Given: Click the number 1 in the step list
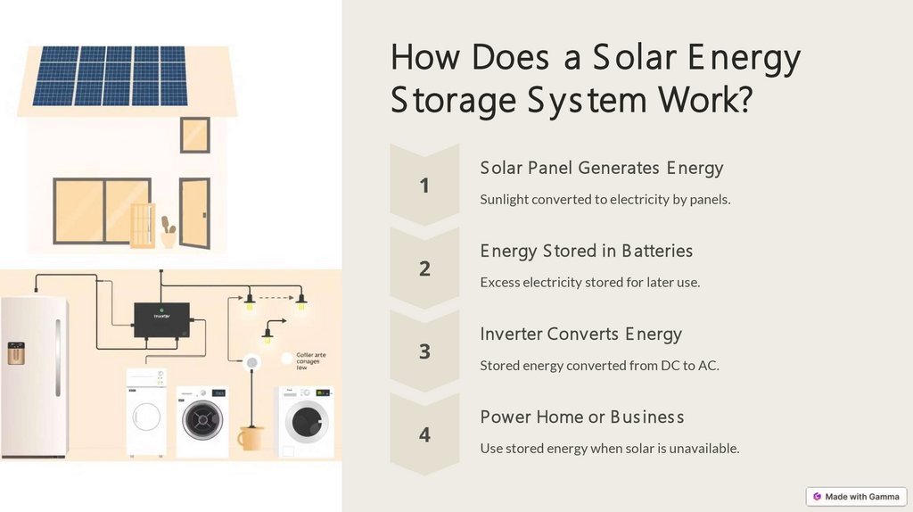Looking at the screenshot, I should pos(424,186).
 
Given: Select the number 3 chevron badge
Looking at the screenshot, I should pos(424,351).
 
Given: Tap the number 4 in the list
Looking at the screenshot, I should pos(424,434).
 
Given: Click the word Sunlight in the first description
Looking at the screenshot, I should pos(504,199).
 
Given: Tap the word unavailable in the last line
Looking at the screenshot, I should pos(703,448).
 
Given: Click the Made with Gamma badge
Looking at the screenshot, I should pos(856,496).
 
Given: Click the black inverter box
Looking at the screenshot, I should pos(161,318).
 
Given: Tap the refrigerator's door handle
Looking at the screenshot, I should pos(58,357).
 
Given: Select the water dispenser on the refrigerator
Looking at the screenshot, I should pos(16,353).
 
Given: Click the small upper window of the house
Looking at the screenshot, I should pos(194,135).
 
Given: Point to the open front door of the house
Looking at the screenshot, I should pos(193,213).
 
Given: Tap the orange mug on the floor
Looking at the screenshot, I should pos(251,437).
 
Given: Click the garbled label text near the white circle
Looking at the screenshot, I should pos(310,360).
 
